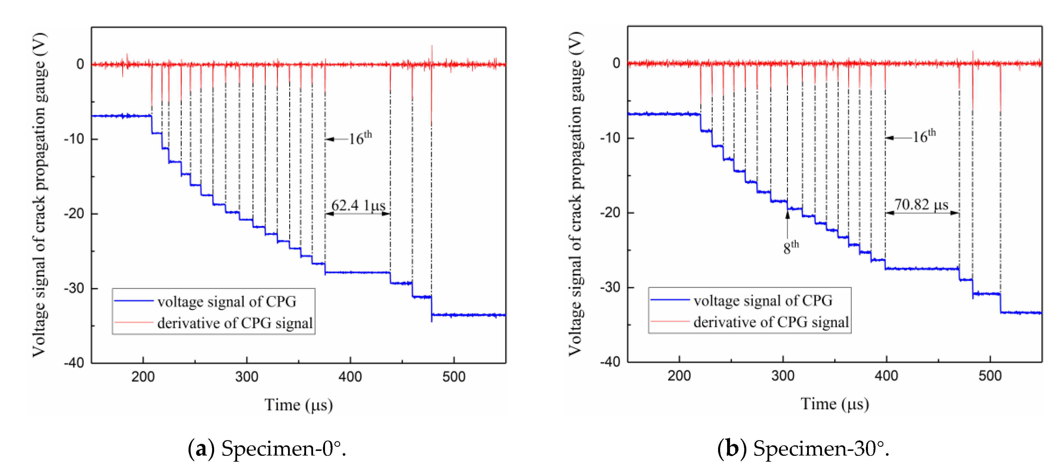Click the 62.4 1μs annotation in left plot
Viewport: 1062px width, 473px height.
coord(358,205)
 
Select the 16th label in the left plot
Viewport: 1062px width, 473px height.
coord(360,138)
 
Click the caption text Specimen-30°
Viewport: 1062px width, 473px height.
coord(821,448)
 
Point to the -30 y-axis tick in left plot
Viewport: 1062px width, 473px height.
coord(74,288)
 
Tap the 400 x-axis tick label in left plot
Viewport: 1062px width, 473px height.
coord(350,377)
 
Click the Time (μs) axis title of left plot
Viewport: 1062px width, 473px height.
coord(299,405)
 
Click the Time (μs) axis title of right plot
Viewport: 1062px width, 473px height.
coord(834,404)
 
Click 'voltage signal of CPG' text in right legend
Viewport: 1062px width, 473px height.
coord(763,300)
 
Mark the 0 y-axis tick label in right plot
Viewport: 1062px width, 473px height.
coord(616,63)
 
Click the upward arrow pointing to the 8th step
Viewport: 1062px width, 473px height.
coord(787,225)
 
